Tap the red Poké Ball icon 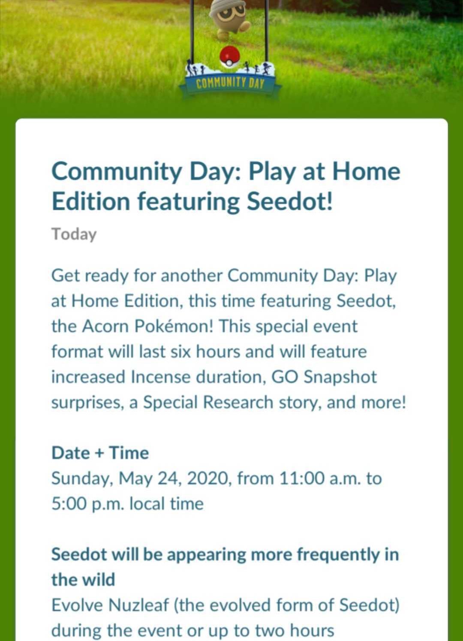point(229,56)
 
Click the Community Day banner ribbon point(230,84)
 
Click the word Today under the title point(74,235)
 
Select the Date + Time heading point(100,453)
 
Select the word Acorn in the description point(105,326)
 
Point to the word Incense point(161,377)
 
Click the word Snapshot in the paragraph point(340,377)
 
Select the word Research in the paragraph point(238,402)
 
